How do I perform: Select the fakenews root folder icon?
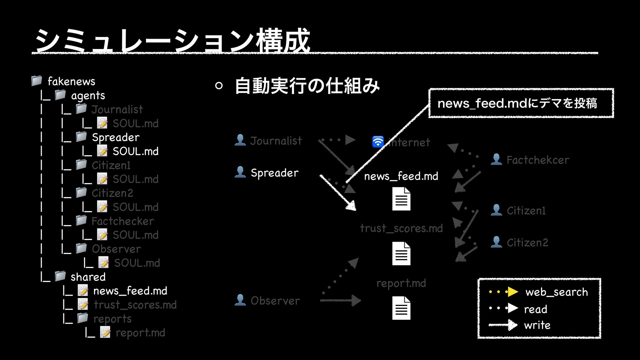(37, 80)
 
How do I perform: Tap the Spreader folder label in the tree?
(115, 137)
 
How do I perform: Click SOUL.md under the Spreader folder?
(135, 151)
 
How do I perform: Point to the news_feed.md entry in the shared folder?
(130, 291)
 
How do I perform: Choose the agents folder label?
(88, 96)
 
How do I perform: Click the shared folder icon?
(60, 276)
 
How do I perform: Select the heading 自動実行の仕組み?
(307, 86)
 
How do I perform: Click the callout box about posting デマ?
(521, 103)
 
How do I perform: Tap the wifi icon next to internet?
(378, 142)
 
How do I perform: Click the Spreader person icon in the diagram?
(240, 172)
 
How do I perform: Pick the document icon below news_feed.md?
(401, 199)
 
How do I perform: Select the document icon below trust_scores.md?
(401, 254)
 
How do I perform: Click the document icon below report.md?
(401, 308)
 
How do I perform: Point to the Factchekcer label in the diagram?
(538, 160)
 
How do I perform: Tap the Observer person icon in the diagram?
(240, 300)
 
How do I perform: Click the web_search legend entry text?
(556, 292)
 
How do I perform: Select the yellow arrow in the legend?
(512, 292)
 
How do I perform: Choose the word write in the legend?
(537, 325)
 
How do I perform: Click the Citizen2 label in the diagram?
(527, 243)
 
